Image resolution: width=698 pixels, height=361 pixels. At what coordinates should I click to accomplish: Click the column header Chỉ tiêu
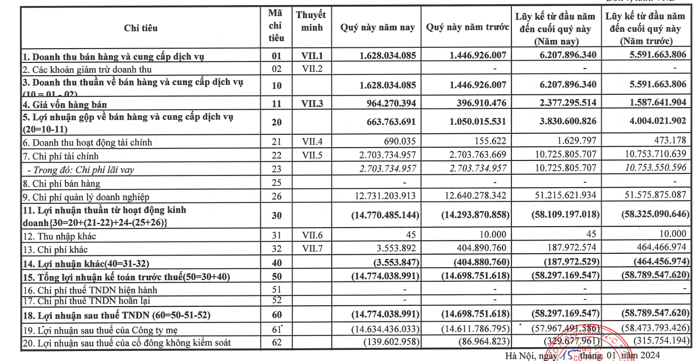[140, 28]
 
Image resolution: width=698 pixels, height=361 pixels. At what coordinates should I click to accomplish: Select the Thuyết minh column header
[310, 21]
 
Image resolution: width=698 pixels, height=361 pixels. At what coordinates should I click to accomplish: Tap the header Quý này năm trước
[468, 28]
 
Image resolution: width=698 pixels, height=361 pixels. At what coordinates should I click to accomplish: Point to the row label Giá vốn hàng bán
[65, 104]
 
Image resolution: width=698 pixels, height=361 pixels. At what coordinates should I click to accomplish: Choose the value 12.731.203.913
[385, 196]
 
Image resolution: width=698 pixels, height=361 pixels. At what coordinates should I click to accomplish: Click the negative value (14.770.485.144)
[385, 215]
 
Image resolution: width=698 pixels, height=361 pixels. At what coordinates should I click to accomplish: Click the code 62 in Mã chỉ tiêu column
[276, 342]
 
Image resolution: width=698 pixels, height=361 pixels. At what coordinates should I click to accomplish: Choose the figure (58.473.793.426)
[654, 329]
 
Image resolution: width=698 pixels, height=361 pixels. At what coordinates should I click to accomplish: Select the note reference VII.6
[312, 235]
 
